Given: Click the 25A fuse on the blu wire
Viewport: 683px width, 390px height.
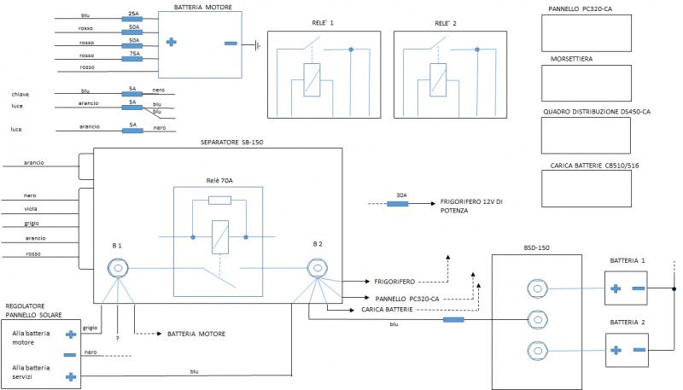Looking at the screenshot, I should pos(132,20).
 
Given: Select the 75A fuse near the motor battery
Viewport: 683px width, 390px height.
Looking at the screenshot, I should pos(132,58).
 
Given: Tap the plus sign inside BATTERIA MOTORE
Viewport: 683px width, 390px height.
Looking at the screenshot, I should pos(171,41).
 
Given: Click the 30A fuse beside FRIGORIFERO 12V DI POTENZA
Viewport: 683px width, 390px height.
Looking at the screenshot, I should pos(403,204).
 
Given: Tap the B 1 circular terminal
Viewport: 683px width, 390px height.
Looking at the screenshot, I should pos(116,269).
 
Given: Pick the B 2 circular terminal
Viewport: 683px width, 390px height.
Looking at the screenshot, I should pos(318,269).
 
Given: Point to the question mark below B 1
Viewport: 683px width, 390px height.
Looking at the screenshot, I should pos(116,339).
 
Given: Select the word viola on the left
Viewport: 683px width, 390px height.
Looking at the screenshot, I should pos(30,208).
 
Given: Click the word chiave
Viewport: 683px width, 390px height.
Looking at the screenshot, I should pos(20,94).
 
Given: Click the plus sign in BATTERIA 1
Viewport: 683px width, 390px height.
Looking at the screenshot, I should pos(615,288).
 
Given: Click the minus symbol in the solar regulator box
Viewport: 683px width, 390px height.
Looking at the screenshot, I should pos(71,354).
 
